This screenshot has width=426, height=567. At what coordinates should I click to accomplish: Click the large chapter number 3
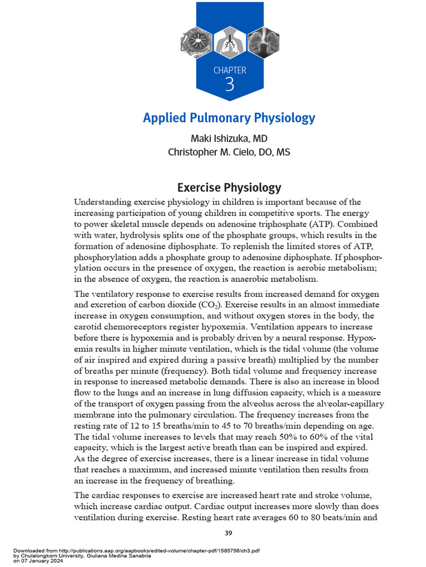tap(230, 85)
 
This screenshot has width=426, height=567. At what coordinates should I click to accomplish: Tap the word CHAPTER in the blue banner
tap(230, 70)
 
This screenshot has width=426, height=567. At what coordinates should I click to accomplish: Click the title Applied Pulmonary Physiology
tap(229, 118)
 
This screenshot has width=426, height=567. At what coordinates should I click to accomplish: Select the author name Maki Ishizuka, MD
tap(229, 138)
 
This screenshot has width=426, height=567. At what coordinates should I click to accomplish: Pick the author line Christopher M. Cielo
tap(229, 152)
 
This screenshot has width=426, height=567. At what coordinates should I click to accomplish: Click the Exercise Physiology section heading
tap(229, 188)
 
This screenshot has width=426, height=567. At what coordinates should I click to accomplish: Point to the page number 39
tap(229, 533)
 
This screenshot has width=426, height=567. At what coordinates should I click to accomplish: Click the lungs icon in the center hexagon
tap(229, 42)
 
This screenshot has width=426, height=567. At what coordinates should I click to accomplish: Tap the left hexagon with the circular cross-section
tap(197, 42)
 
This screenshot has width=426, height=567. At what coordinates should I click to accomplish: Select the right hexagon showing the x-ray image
tap(262, 42)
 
